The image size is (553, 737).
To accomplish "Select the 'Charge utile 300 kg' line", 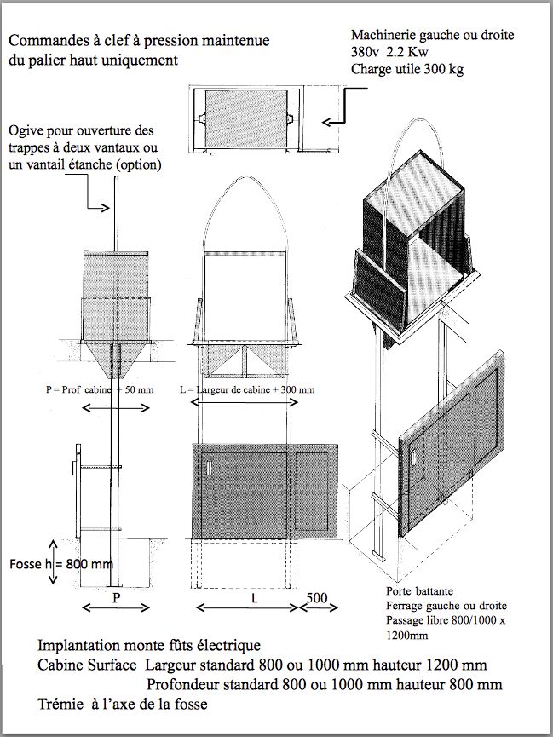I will click(407, 70).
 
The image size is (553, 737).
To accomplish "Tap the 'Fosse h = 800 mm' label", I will click(60, 564).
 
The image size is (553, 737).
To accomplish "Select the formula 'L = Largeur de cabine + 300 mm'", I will click(248, 390).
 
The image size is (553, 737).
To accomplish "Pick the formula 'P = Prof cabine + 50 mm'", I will click(100, 390).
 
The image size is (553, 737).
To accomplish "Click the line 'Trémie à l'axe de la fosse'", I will click(123, 705).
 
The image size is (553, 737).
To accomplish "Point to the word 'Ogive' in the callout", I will click(26, 132).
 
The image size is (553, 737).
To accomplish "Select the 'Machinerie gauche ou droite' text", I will click(433, 36).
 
